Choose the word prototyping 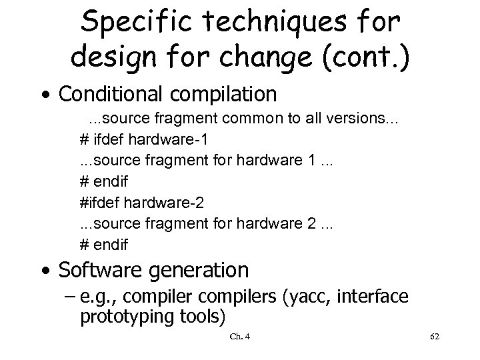click(x=125, y=316)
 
